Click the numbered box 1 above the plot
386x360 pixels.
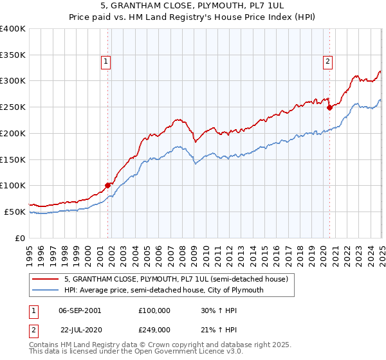[x=105, y=62]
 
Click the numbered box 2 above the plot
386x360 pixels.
[x=327, y=62]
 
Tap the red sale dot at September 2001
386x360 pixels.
[x=107, y=185]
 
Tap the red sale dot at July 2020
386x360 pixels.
[x=329, y=107]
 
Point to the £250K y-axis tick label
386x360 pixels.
[x=13, y=107]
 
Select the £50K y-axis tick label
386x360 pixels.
[x=15, y=212]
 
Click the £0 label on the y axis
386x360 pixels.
[x=21, y=238]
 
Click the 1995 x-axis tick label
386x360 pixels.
[x=30, y=251]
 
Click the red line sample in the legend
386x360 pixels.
[x=46, y=279]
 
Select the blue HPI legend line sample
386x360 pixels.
[x=46, y=290]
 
